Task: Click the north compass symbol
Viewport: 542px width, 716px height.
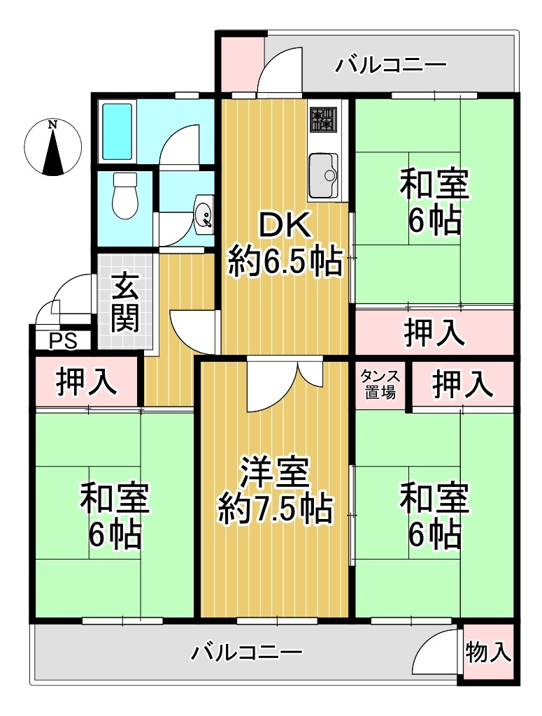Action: [53, 147]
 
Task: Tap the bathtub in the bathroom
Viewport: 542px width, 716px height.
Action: [117, 131]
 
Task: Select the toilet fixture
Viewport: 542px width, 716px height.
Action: [124, 196]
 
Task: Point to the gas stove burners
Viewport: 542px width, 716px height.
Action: [323, 119]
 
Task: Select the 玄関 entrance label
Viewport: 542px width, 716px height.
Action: [124, 302]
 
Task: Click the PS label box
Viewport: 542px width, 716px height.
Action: [64, 341]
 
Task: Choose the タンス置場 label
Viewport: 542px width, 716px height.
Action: [380, 384]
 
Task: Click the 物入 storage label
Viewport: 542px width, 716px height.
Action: [487, 652]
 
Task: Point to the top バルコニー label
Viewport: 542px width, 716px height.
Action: [391, 65]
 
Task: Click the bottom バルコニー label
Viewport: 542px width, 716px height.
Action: [246, 652]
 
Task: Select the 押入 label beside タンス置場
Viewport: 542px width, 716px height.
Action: [462, 384]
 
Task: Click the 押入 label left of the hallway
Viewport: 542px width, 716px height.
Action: [86, 381]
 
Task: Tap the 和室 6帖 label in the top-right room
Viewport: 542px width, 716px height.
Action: [434, 201]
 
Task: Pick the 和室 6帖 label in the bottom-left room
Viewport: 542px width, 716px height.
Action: [115, 515]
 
